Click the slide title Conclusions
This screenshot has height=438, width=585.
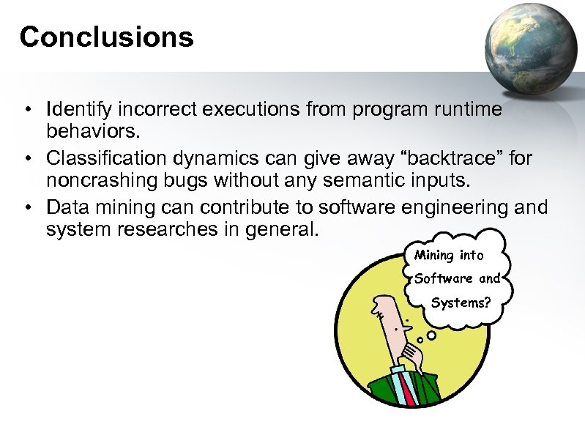click(x=106, y=37)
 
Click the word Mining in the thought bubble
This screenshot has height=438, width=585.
click(x=433, y=255)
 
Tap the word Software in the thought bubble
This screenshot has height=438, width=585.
click(x=443, y=278)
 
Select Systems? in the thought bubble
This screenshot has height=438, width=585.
click(x=461, y=302)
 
